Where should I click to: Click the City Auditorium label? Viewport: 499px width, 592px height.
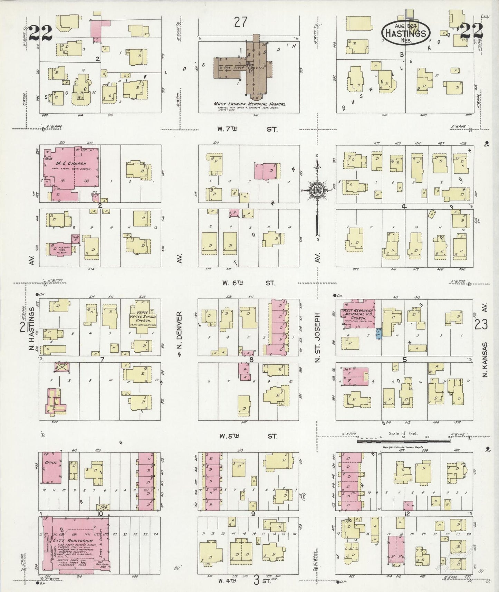[x=73, y=540]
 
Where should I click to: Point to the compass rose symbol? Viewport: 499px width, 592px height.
[x=317, y=190]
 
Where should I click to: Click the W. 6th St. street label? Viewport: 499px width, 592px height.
[x=248, y=283]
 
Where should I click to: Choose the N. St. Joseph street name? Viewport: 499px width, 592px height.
[x=317, y=338]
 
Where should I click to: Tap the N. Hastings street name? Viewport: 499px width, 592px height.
[x=32, y=330]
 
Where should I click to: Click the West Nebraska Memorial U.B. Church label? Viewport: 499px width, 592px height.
[x=357, y=313]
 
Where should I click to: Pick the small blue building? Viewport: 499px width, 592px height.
[x=379, y=334]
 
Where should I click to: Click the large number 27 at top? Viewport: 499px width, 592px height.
[x=240, y=22]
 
